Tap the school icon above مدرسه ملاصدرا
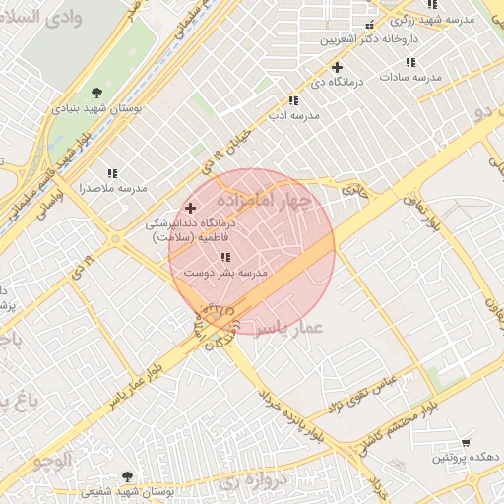pyautogui.click(x=112, y=172)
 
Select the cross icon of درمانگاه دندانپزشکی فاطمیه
pyautogui.click(x=190, y=209)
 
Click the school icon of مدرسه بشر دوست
pyautogui.click(x=226, y=258)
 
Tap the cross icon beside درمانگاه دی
pyautogui.click(x=338, y=68)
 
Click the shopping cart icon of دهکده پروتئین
pyautogui.click(x=466, y=442)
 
